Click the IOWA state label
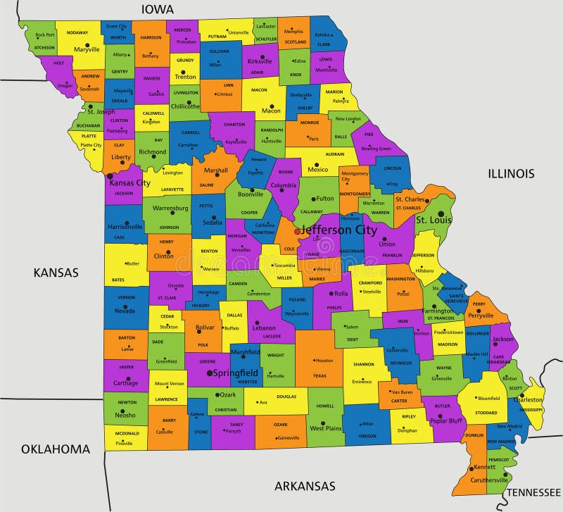click(158, 9)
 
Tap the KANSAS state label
click(56, 273)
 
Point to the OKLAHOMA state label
click(56, 449)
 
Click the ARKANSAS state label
click(305, 486)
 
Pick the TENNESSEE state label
click(534, 492)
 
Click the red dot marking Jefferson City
click(297, 230)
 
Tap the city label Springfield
click(236, 373)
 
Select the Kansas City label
click(129, 183)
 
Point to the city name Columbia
click(284, 186)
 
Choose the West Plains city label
click(326, 428)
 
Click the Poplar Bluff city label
click(448, 420)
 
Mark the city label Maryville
click(87, 49)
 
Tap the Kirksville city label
click(260, 61)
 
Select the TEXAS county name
click(320, 375)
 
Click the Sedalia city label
click(213, 222)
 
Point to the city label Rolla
click(341, 294)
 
